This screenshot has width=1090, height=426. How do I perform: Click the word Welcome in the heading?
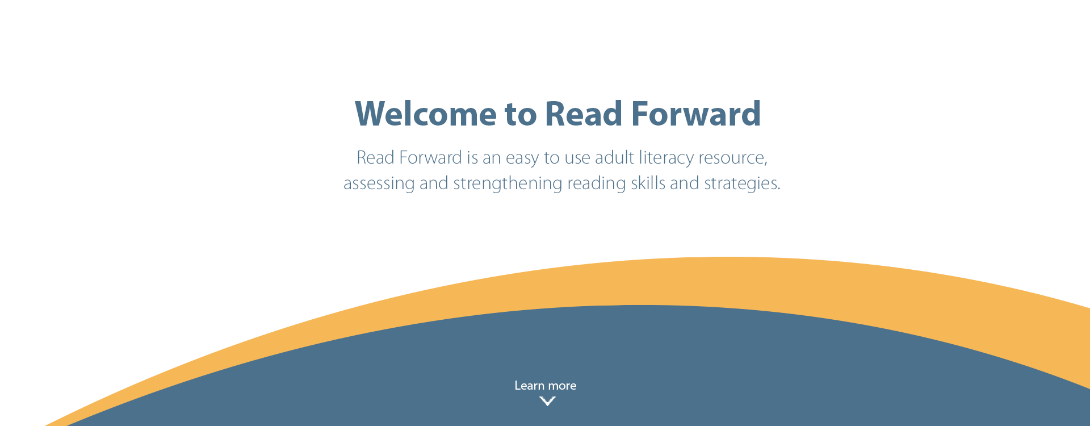[x=426, y=114]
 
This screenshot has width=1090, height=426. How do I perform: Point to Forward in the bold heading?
[x=696, y=114]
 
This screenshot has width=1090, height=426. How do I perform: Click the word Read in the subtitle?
[x=375, y=157]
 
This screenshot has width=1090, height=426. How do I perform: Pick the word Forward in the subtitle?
[x=431, y=157]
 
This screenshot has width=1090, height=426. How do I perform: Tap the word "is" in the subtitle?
[x=472, y=157]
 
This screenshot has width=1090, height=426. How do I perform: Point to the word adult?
[x=614, y=157]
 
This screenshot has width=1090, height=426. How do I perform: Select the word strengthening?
[x=508, y=184]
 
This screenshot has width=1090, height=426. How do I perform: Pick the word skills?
[x=648, y=183]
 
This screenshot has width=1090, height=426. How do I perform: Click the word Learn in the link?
[x=529, y=386]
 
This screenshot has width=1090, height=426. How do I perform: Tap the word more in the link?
[x=562, y=387]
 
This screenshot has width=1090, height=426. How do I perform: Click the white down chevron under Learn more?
[x=547, y=402]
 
